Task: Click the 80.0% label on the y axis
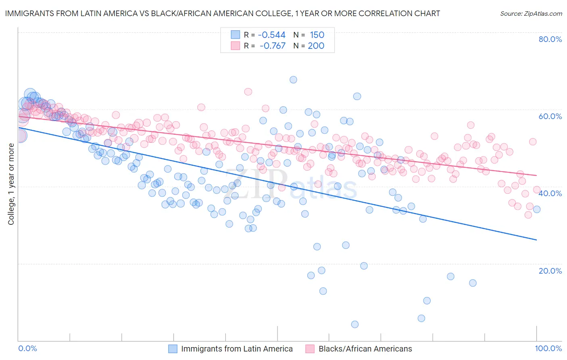pyautogui.click(x=550, y=39)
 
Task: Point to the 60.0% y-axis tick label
pyautogui.click(x=550, y=116)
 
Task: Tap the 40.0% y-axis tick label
pyautogui.click(x=550, y=193)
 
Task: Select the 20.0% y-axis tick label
pyautogui.click(x=550, y=271)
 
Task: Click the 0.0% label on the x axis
pyautogui.click(x=27, y=349)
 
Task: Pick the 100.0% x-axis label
pyautogui.click(x=548, y=349)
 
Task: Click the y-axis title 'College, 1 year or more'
pyautogui.click(x=11, y=184)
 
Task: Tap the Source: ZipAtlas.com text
pyautogui.click(x=531, y=14)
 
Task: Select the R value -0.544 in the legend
pyautogui.click(x=272, y=35)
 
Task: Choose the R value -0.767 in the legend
pyautogui.click(x=272, y=46)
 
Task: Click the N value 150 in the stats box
pyautogui.click(x=317, y=35)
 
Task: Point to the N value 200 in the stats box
pyautogui.click(x=316, y=46)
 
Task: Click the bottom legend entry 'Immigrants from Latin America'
pyautogui.click(x=237, y=349)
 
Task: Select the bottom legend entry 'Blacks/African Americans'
pyautogui.click(x=365, y=349)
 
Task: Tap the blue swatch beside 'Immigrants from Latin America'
pyautogui.click(x=173, y=349)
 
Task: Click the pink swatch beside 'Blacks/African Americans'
pyautogui.click(x=310, y=349)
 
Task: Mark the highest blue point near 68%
pyautogui.click(x=293, y=80)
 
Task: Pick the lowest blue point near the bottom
pyautogui.click(x=355, y=324)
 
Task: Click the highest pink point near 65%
pyautogui.click(x=248, y=92)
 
